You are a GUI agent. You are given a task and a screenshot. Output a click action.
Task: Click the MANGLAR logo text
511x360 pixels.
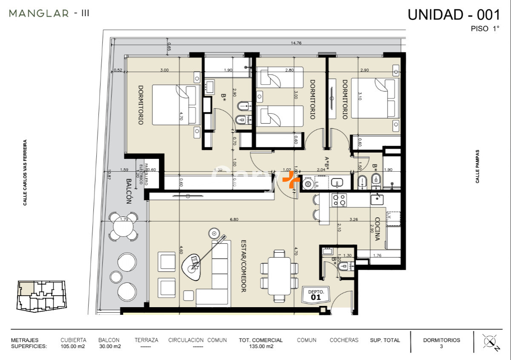(x=39, y=13)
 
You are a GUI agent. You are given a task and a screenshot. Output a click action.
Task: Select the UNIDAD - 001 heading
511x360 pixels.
(x=454, y=14)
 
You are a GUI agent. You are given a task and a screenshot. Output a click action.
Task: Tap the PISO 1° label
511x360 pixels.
(x=485, y=29)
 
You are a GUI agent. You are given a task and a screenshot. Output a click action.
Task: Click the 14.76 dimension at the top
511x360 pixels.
(x=296, y=43)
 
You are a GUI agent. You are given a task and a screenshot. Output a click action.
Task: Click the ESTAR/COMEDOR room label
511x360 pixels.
(x=244, y=265)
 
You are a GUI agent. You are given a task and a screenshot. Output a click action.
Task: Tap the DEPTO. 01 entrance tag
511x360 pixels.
(x=316, y=295)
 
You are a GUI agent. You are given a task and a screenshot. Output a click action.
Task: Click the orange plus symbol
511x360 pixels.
(x=291, y=180)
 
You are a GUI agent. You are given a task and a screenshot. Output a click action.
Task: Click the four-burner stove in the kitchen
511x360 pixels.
(x=339, y=200)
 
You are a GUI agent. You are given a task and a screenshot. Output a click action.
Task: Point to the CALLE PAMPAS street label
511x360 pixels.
(x=478, y=166)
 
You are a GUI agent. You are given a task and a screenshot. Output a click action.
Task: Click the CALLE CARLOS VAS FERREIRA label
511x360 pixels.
(x=25, y=173)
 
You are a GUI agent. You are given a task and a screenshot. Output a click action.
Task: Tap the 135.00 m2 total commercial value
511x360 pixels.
(x=261, y=346)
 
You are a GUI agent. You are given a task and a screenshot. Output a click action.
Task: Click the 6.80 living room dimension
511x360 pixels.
(x=234, y=220)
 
